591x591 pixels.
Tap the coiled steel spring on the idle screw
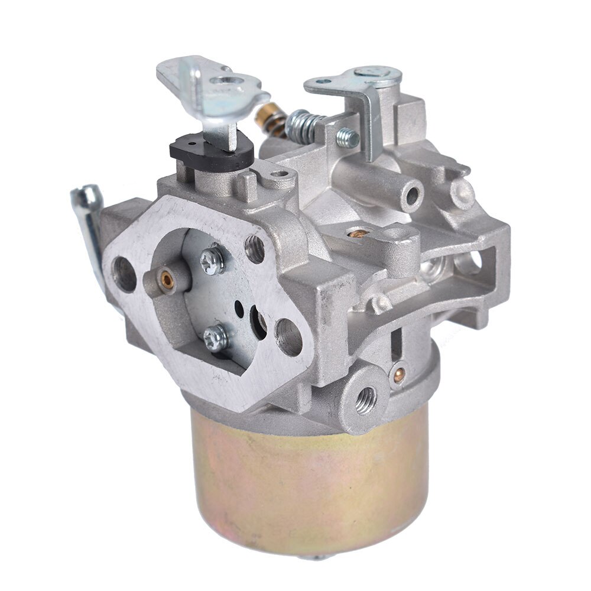tap(301, 125)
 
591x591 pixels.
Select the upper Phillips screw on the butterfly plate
tap(212, 260)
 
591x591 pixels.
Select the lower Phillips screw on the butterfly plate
tap(215, 337)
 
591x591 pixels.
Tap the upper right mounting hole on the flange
tap(255, 249)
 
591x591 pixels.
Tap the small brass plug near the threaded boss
tap(398, 372)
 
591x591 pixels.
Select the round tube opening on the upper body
tap(412, 195)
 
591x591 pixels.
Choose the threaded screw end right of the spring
tap(348, 138)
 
